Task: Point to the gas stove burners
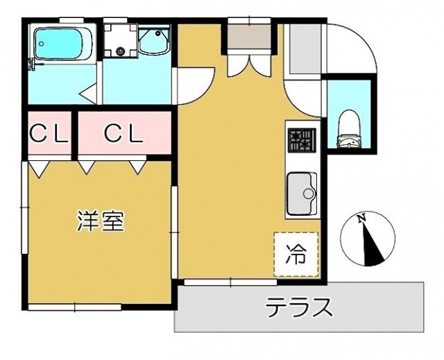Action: click(x=301, y=140)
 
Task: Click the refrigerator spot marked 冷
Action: click(x=296, y=255)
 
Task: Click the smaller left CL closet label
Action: click(x=48, y=133)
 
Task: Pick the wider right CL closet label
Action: click(x=123, y=133)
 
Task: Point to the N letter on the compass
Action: click(x=361, y=219)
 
